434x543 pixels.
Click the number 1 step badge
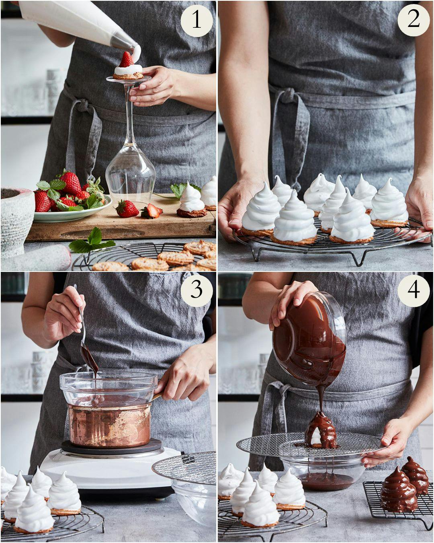point(197,21)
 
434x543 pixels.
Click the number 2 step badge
point(414,21)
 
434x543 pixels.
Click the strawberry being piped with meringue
point(126,60)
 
